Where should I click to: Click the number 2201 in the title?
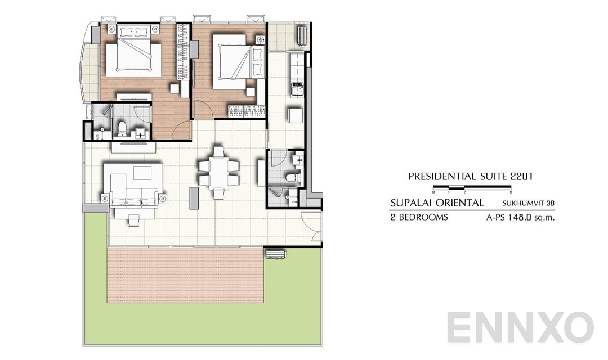pos(520,176)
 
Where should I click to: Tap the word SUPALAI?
pos(412,202)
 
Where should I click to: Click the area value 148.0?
pos(517,217)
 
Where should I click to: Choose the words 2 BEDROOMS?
pos(419,217)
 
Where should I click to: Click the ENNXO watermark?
pos(521,328)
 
